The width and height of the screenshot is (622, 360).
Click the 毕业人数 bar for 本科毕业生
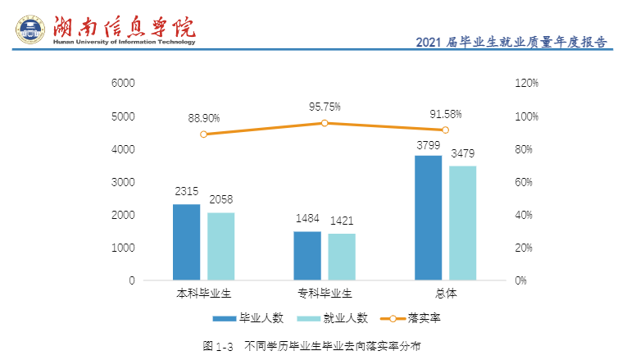186,242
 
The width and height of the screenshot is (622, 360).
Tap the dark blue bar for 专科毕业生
307,256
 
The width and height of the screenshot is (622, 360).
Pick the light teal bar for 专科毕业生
342,257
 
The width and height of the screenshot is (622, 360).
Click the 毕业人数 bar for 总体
429,217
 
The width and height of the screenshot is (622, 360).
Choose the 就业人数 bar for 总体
462,223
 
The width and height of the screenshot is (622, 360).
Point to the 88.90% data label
204,118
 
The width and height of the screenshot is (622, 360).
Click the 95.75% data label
325,107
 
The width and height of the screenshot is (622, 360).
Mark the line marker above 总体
445,130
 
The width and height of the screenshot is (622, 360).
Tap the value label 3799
429,145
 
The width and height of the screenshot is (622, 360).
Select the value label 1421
342,221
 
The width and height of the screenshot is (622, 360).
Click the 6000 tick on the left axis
123,84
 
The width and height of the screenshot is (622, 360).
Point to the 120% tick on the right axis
526,84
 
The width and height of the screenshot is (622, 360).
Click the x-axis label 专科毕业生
325,293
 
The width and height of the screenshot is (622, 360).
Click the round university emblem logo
30,30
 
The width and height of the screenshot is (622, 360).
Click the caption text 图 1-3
218,346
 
